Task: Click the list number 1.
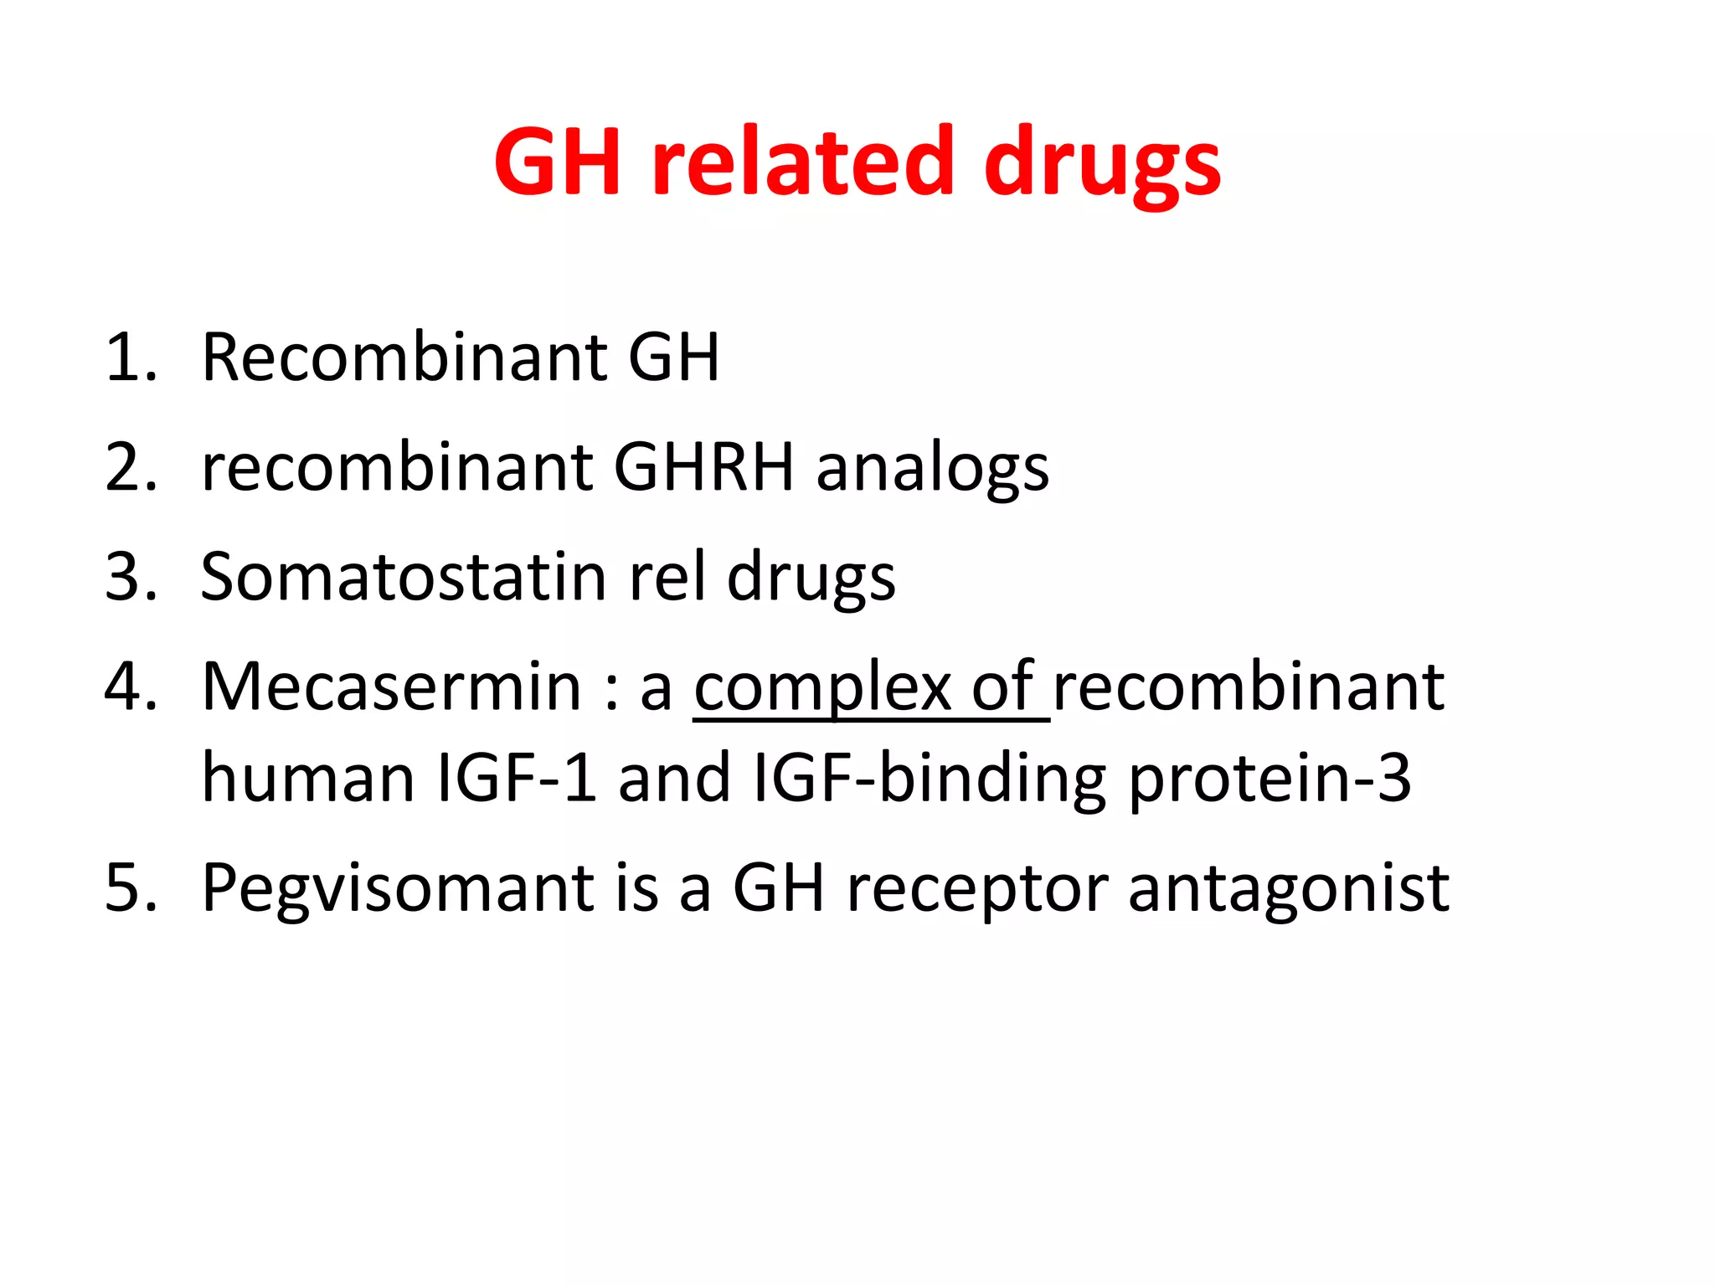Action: [x=131, y=358]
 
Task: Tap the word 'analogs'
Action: [x=932, y=471]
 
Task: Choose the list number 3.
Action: [x=131, y=577]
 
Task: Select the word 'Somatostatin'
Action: [x=404, y=577]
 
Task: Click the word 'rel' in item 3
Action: [x=667, y=577]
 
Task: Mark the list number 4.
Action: [x=131, y=687]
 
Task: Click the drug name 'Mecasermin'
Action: [x=392, y=687]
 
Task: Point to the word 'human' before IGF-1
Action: [x=308, y=779]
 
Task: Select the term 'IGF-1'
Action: [x=518, y=779]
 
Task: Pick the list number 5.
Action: [x=131, y=888]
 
